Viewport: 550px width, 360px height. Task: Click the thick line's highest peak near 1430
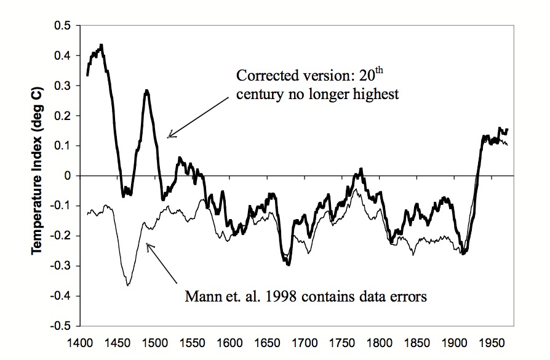101,45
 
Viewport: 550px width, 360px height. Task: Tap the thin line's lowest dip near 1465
128,286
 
